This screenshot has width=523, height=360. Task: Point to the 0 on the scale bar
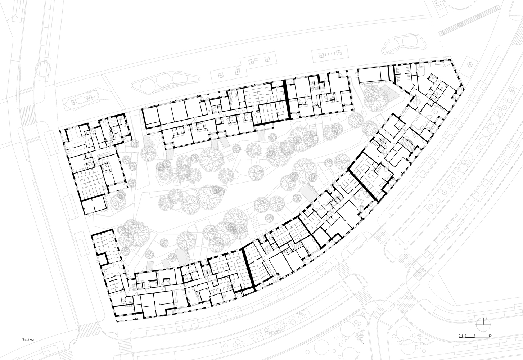click(459, 336)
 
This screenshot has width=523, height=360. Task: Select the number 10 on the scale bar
click(490, 336)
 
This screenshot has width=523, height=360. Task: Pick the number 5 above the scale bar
click(475, 336)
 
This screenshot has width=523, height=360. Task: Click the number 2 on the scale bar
click(466, 336)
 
